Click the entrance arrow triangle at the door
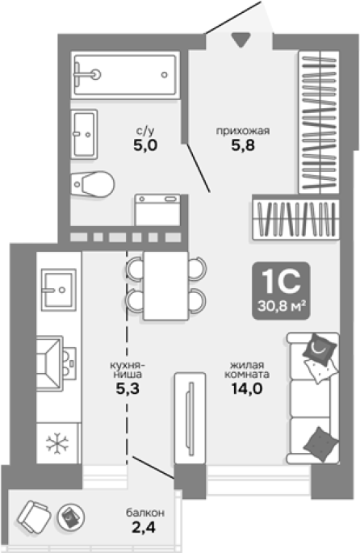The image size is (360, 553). pyautogui.click(x=241, y=40)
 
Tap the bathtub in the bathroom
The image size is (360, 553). pyautogui.click(x=125, y=75)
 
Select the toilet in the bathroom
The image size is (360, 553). pyautogui.click(x=93, y=184)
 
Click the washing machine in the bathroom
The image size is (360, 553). pyautogui.click(x=157, y=210)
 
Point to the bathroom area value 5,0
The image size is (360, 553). pyautogui.click(x=145, y=145)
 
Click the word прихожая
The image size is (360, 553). pyautogui.click(x=243, y=132)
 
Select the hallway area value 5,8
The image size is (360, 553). pyautogui.click(x=243, y=145)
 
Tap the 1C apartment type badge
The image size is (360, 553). pyautogui.click(x=282, y=291)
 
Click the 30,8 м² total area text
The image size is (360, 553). pyautogui.click(x=281, y=306)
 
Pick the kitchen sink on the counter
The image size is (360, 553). pyautogui.click(x=59, y=290)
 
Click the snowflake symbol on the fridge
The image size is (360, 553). pyautogui.click(x=58, y=443)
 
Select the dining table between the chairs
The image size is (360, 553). pyautogui.click(x=165, y=286)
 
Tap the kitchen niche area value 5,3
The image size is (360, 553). pyautogui.click(x=128, y=388)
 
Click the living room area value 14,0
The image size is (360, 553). pyautogui.click(x=247, y=388)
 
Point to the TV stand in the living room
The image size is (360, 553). pyautogui.click(x=190, y=418)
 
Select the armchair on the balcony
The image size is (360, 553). pyautogui.click(x=34, y=517)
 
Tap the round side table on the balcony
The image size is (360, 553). pyautogui.click(x=71, y=517)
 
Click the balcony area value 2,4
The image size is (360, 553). pyautogui.click(x=144, y=527)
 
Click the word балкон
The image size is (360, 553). pyautogui.click(x=145, y=513)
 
